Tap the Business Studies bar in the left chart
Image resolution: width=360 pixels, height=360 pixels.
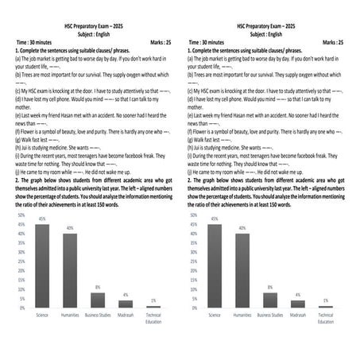tap(98, 300)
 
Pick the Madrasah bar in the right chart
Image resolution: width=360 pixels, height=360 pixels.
tap(298, 304)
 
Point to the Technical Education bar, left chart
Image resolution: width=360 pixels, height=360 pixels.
tap(153, 307)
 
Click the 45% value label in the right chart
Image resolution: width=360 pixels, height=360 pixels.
tap(215, 219)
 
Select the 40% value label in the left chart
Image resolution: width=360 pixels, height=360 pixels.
tap(70, 228)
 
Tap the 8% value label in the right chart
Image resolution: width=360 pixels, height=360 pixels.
tap(270, 287)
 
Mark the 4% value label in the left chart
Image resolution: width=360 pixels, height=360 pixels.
tap(126, 295)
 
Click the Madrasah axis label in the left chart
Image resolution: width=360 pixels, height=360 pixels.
tap(126, 315)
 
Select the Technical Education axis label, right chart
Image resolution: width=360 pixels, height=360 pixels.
tap(326, 318)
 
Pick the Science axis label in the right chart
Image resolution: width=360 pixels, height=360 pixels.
tap(215, 315)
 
